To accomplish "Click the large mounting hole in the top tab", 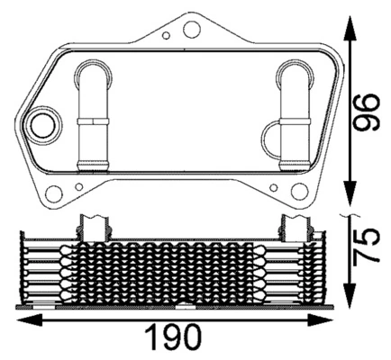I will coord(190,30).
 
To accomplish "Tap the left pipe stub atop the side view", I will coord(95,228).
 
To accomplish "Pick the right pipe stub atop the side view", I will coord(296,228).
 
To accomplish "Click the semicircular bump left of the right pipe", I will coord(273,138).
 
